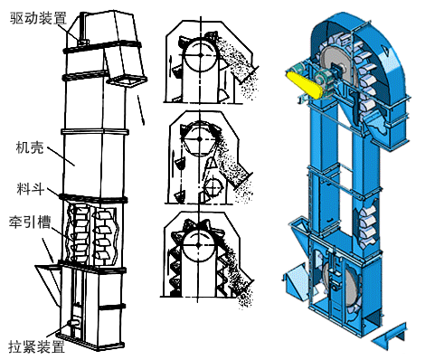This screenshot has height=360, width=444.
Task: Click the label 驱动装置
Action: pos(38,18)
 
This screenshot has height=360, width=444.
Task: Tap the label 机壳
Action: pos(30,147)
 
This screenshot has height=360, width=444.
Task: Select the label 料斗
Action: pos(31,189)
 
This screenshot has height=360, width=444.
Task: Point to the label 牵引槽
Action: pos(30,223)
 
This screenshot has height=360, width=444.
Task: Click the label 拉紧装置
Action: pos(36,346)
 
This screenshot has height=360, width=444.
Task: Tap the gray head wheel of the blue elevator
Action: pos(337,65)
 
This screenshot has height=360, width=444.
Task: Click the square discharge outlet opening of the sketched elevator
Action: pos(127,81)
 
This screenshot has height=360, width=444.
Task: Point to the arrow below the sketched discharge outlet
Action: pos(141,110)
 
